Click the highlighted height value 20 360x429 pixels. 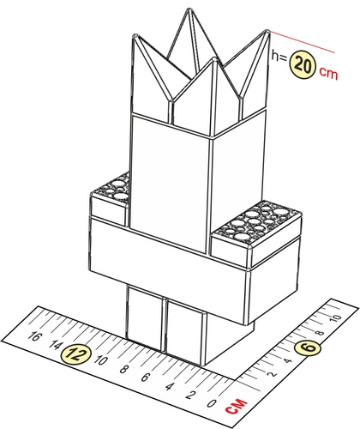coord(303,65)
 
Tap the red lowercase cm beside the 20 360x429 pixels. coord(328,73)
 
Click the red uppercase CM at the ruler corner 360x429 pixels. coord(237,406)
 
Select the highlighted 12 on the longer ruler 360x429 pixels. coord(76,354)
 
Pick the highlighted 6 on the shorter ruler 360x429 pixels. coord(308,348)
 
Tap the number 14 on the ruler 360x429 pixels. coord(55,345)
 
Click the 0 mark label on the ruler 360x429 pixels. coord(212,404)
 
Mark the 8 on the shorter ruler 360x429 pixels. coord(321,333)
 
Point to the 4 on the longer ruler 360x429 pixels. coord(169,387)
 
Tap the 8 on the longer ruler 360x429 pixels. coord(123,370)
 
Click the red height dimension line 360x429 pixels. coord(302,42)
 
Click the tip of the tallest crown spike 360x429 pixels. coord(189,9)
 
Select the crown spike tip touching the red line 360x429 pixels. coord(267,31)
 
